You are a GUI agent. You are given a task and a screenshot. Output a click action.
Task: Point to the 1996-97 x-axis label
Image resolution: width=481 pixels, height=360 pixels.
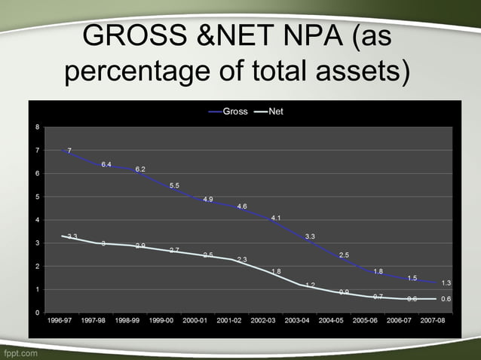[61, 320]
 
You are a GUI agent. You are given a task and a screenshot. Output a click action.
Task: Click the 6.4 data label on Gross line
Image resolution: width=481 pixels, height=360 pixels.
[106, 164]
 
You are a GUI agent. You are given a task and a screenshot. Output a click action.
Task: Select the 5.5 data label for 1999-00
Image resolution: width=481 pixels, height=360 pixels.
[174, 185]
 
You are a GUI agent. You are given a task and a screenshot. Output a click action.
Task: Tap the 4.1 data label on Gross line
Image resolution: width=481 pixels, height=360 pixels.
[276, 218]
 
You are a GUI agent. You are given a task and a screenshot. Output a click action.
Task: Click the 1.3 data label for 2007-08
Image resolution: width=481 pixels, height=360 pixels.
[446, 283]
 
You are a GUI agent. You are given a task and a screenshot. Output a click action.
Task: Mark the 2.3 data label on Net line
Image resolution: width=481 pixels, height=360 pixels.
[242, 260]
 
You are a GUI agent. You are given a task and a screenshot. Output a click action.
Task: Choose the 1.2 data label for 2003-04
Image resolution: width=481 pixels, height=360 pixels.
[310, 285]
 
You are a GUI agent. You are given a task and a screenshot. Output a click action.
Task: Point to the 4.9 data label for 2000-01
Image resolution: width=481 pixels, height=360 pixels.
[208, 199]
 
